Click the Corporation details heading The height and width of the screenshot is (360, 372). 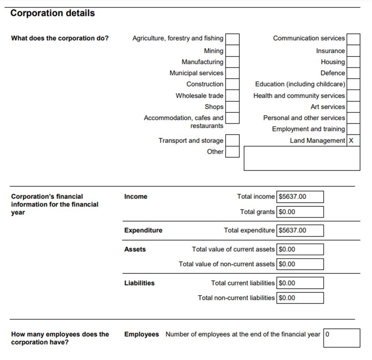pyautogui.click(x=52, y=13)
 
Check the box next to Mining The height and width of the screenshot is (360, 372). pyautogui.click(x=232, y=51)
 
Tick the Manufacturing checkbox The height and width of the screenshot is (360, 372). pyautogui.click(x=232, y=62)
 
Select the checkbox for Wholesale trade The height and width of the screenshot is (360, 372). pyautogui.click(x=232, y=96)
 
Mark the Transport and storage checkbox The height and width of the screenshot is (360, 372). pyautogui.click(x=232, y=140)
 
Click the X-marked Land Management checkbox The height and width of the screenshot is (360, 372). pyautogui.click(x=353, y=141)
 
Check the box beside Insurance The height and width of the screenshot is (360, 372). pyautogui.click(x=353, y=51)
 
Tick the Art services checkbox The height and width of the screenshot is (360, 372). pyautogui.click(x=353, y=107)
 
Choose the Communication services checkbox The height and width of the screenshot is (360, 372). pyautogui.click(x=353, y=38)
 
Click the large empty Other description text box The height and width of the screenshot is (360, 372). pyautogui.click(x=302, y=158)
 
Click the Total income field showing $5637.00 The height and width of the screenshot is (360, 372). pyautogui.click(x=300, y=197)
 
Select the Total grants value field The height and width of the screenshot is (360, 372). pyautogui.click(x=300, y=212)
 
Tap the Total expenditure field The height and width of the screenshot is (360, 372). pyautogui.click(x=300, y=230)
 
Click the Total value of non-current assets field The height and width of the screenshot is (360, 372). pyautogui.click(x=300, y=264)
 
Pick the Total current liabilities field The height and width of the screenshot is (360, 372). pyautogui.click(x=300, y=283)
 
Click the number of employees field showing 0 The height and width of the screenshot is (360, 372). pyautogui.click(x=342, y=338)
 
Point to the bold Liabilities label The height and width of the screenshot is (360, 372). pyautogui.click(x=139, y=283)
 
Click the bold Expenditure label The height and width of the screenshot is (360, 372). pyautogui.click(x=143, y=230)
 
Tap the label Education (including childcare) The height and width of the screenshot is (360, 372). pyautogui.click(x=300, y=84)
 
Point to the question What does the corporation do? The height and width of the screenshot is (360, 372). pyautogui.click(x=60, y=38)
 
